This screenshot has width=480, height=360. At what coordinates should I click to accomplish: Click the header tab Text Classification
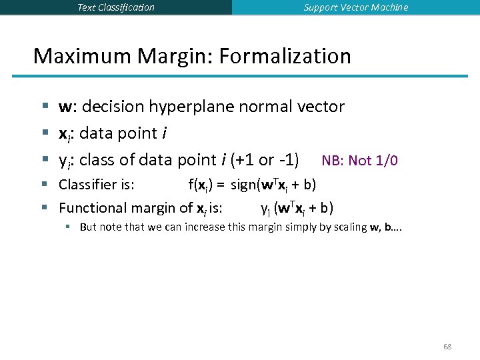point(116,7)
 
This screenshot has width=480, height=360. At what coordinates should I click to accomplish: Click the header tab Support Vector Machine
point(356,7)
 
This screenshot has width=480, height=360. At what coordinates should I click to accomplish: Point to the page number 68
point(447,347)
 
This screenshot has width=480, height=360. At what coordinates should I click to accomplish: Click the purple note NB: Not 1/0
point(360,161)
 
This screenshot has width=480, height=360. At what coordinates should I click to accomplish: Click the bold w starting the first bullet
point(65,107)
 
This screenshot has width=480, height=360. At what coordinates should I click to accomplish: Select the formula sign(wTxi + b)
point(273,184)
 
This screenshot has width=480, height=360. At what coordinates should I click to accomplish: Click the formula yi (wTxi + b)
point(297,208)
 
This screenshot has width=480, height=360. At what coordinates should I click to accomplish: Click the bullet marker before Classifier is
point(44,184)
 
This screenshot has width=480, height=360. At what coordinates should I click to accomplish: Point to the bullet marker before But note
point(68,227)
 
